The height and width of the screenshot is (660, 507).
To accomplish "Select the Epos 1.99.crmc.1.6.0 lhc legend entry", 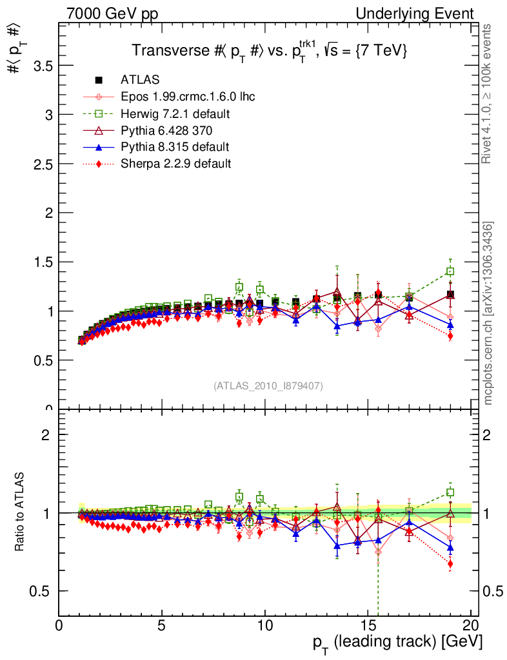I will [x=188, y=97].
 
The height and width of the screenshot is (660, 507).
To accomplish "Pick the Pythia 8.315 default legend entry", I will [x=175, y=147].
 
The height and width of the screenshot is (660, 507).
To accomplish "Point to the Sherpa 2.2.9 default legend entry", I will [x=175, y=164].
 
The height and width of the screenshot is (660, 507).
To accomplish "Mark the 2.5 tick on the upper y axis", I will [x=39, y=164].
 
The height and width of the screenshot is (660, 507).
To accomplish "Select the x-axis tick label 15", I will [x=368, y=625].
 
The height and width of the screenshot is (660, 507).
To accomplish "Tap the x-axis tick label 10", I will [x=264, y=625].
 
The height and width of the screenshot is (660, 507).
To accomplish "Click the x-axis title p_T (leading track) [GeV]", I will [x=397, y=643].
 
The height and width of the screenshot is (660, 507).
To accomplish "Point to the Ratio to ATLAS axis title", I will [x=20, y=512].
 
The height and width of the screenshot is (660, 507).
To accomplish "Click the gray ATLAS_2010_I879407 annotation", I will [x=268, y=385].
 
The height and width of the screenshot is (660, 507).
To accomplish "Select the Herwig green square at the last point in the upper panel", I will [x=450, y=271].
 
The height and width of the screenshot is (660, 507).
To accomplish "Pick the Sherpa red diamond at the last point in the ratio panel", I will [x=450, y=564].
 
